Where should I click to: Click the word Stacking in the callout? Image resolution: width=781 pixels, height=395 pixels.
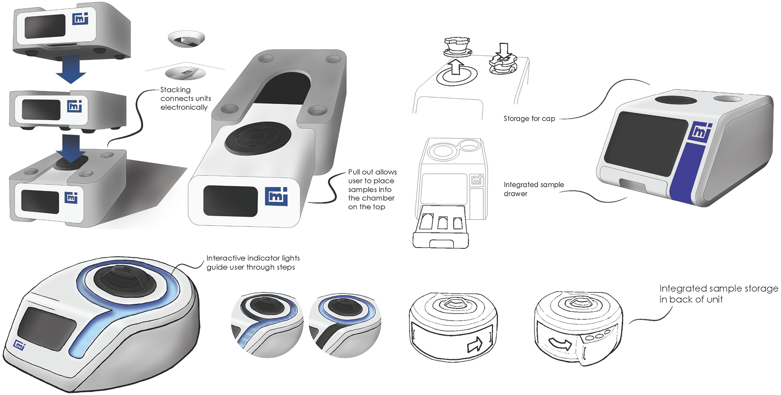click(175, 90)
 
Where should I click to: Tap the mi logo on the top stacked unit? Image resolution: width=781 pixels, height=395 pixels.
click(80, 19)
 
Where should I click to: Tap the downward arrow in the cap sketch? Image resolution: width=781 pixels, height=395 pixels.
click(504, 50)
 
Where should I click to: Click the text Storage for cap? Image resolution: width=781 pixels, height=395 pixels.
click(529, 118)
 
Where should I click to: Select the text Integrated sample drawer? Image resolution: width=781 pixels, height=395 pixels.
click(533, 189)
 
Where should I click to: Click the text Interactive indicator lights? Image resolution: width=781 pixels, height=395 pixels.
click(253, 258)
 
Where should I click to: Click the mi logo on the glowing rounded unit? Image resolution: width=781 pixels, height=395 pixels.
click(19, 345)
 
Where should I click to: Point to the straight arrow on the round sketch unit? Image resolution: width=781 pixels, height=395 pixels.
click(475, 345)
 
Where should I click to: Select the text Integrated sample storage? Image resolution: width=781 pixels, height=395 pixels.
click(718, 289)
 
